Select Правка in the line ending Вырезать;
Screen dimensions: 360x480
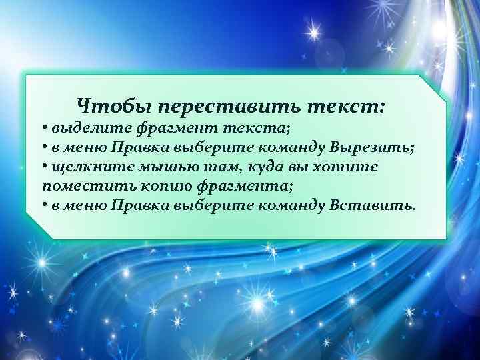pyautogui.click(x=140, y=147)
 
